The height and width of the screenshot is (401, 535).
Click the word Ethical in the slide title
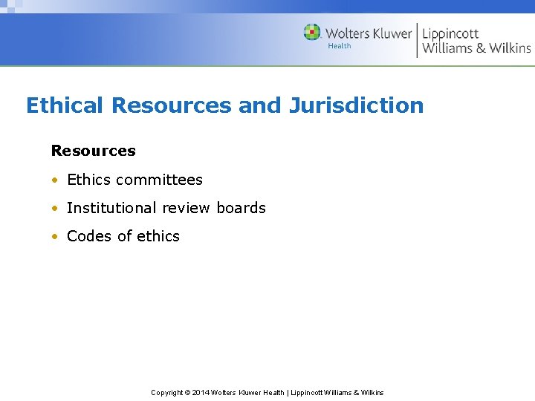coord(65,105)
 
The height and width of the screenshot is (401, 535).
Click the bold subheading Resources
coord(93,151)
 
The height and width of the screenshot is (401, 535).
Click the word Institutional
coord(111,208)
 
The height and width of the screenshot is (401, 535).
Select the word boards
coord(241,208)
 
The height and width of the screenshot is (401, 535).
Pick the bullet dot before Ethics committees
coord(54,180)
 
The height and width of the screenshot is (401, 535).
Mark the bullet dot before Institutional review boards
coord(54,209)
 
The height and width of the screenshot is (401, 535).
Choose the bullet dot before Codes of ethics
coord(54,237)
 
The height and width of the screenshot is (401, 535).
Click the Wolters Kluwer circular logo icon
coord(312,33)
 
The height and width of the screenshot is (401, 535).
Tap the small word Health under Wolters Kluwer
coord(340,46)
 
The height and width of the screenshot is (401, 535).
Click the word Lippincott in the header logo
coord(450,33)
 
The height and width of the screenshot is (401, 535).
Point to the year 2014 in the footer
coord(201,392)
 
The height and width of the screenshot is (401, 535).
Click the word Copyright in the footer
coord(167,392)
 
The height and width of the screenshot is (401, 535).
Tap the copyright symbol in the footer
coord(188,392)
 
